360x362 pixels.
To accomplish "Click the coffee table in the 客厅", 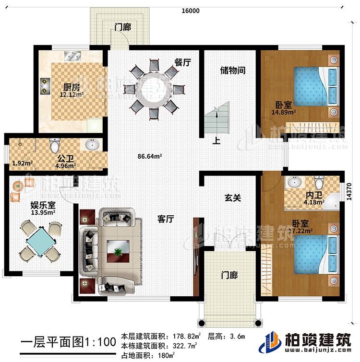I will click(x=118, y=249).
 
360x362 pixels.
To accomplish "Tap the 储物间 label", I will click(x=233, y=70).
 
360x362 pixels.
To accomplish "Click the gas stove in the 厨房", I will click(x=46, y=85).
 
